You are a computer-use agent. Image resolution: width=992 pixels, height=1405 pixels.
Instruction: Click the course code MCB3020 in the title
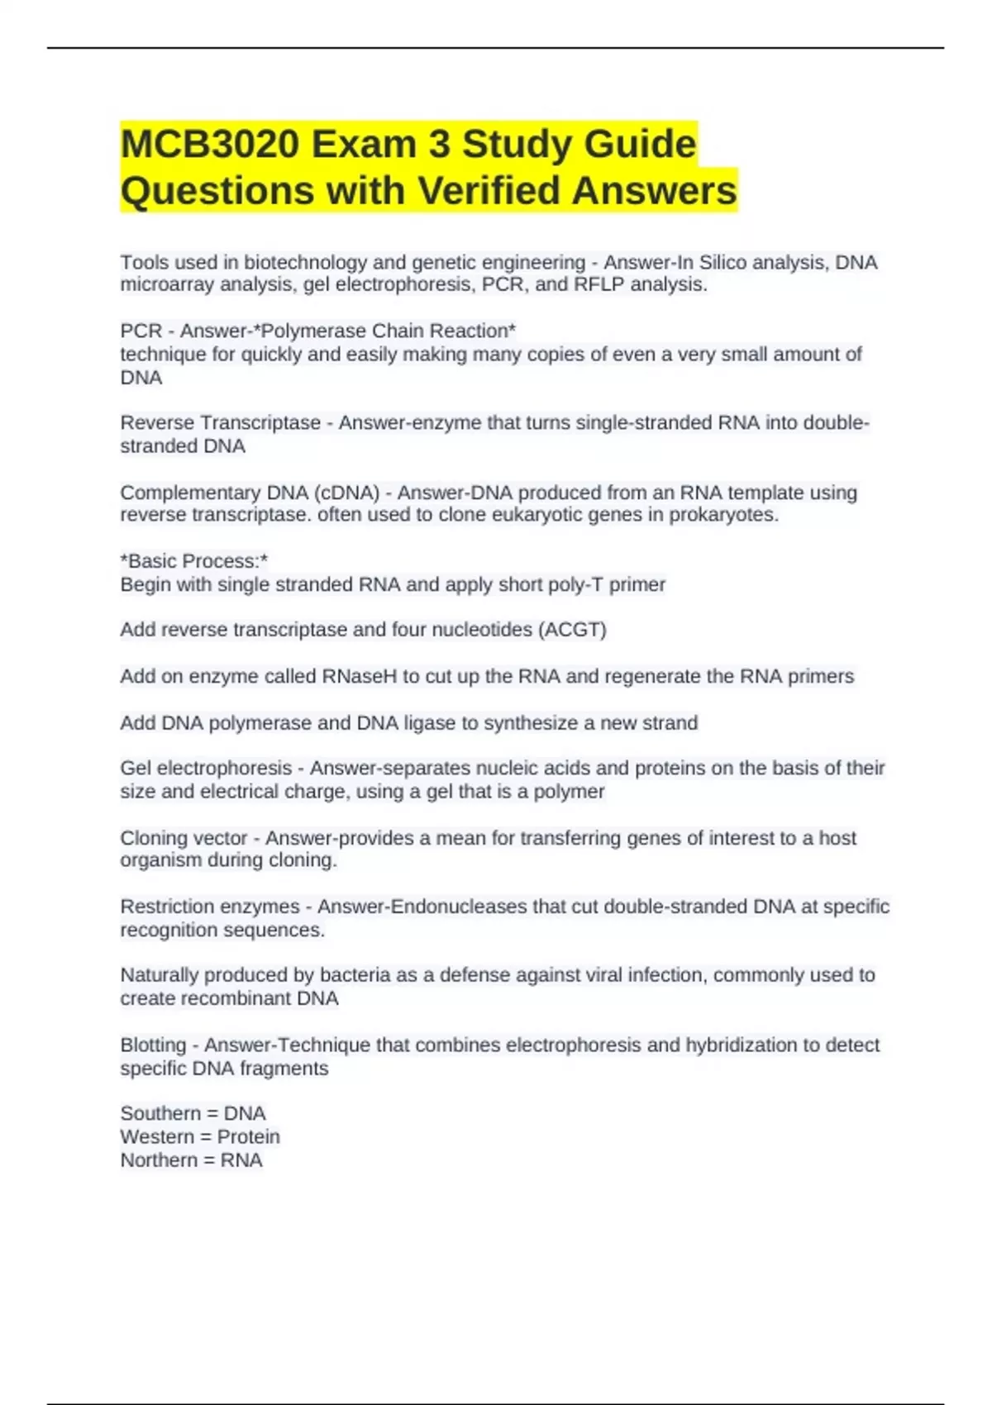pyautogui.click(x=210, y=145)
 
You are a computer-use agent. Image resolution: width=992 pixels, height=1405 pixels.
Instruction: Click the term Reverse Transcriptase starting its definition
pyautogui.click(x=220, y=423)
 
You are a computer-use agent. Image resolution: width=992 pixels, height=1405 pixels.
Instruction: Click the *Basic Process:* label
pyautogui.click(x=193, y=561)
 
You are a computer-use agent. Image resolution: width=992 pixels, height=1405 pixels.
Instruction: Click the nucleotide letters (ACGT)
pyautogui.click(x=572, y=630)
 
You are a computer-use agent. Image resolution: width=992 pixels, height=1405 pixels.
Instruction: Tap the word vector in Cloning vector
pyautogui.click(x=219, y=838)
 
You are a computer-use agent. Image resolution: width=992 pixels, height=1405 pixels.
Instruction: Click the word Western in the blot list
pyautogui.click(x=157, y=1137)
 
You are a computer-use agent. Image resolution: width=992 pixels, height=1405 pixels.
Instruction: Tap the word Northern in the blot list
pyautogui.click(x=159, y=1160)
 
